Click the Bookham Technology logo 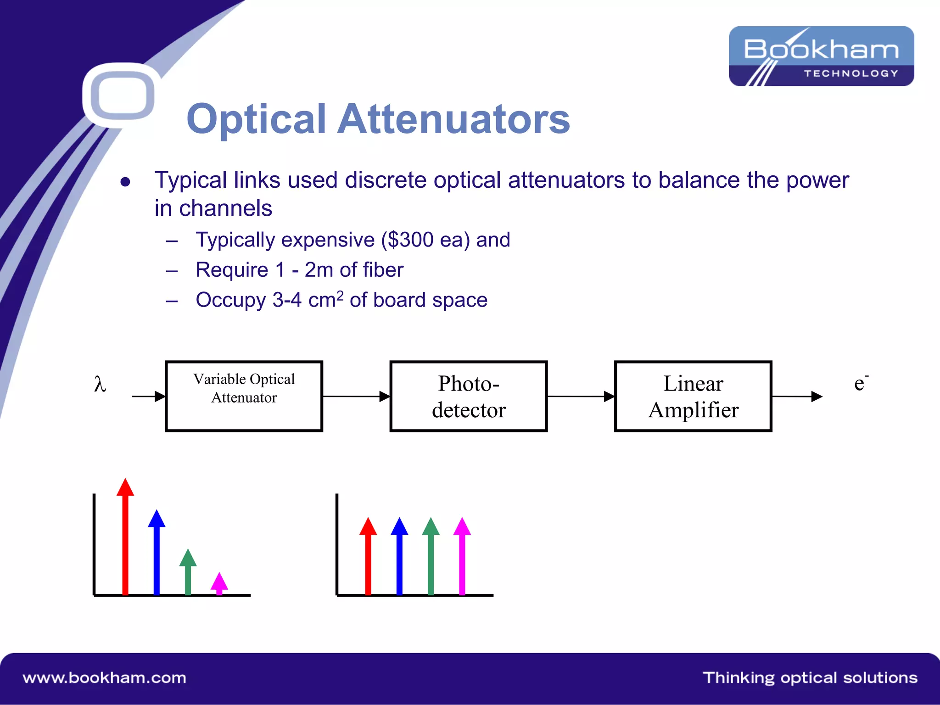[821, 56]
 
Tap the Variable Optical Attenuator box [244, 396]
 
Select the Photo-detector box [468, 396]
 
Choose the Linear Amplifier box [693, 396]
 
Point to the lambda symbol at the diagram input [100, 384]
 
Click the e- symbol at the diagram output [860, 383]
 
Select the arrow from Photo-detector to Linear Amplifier [581, 396]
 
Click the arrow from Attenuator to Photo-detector [356, 396]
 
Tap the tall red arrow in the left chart [125, 537]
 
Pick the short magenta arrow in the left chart [219, 583]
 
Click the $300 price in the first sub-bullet [410, 240]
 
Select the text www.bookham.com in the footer [105, 678]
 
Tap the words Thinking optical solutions [810, 678]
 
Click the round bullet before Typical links [125, 182]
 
